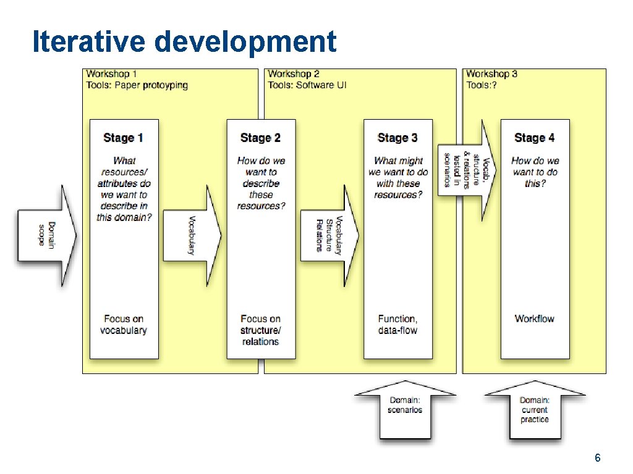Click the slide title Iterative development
click(184, 41)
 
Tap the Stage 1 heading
click(124, 138)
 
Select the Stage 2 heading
click(260, 138)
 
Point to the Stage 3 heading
click(397, 138)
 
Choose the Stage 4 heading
click(535, 138)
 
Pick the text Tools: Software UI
click(307, 85)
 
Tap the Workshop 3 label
click(492, 74)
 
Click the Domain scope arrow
click(47, 235)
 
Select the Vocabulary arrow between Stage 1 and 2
click(192, 235)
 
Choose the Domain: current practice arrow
click(535, 410)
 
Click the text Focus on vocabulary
click(124, 325)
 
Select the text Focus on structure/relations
click(260, 330)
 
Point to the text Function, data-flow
click(397, 325)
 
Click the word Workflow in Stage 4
click(535, 318)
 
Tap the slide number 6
click(597, 458)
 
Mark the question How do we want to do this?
click(535, 172)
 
